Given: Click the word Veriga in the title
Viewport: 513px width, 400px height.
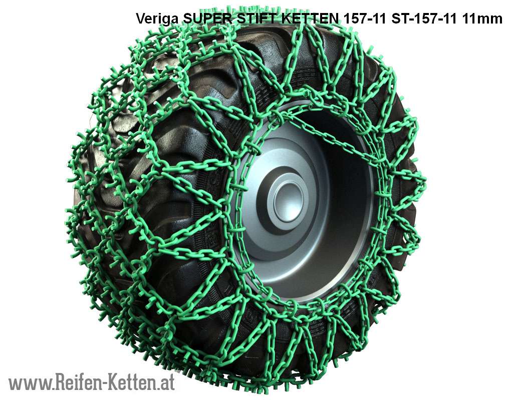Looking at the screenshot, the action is coord(157,19).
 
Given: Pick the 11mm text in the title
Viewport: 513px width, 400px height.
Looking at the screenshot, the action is coord(482,19).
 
